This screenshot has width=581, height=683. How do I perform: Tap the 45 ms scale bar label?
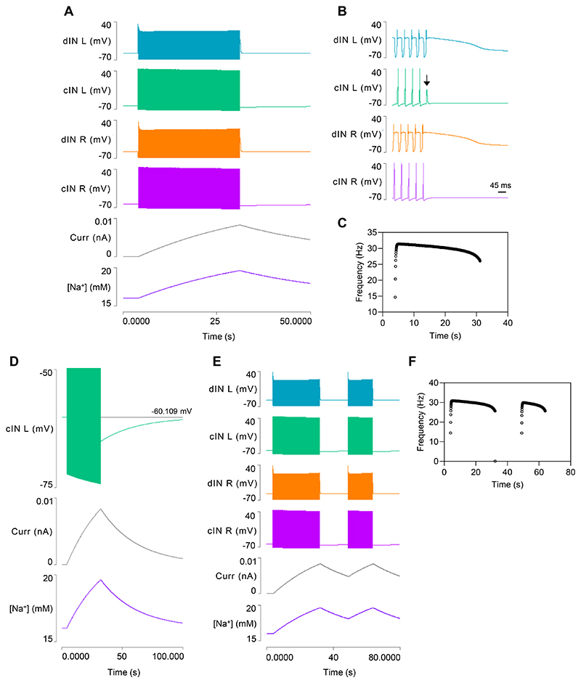tap(497, 185)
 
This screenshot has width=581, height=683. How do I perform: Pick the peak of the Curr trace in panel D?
tap(100, 509)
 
